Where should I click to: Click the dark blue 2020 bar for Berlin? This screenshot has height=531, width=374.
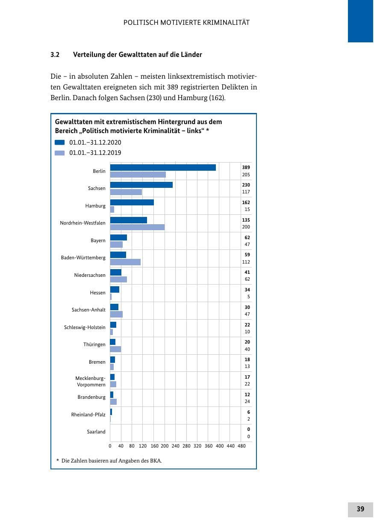pyautogui.click(x=163, y=168)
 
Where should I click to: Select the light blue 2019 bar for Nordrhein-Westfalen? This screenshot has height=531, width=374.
pyautogui.click(x=137, y=227)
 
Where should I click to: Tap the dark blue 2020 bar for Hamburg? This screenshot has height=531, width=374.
pyautogui.click(x=132, y=202)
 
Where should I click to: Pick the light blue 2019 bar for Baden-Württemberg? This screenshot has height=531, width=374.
pyautogui.click(x=125, y=262)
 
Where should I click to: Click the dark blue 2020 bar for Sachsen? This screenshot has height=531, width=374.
pyautogui.click(x=141, y=185)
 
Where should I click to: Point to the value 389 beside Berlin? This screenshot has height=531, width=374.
pyautogui.click(x=246, y=167)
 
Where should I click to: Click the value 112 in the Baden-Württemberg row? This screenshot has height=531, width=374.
pyautogui.click(x=246, y=262)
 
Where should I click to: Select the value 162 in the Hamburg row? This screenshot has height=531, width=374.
pyautogui.click(x=246, y=202)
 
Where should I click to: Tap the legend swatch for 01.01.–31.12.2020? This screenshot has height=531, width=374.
pyautogui.click(x=59, y=142)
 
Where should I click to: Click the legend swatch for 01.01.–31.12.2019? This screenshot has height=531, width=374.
pyautogui.click(x=59, y=153)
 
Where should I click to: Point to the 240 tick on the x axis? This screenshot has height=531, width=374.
pyautogui.click(x=176, y=446)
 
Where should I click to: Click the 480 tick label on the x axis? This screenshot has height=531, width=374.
pyautogui.click(x=241, y=446)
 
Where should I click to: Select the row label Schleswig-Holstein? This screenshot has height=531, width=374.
pyautogui.click(x=85, y=327)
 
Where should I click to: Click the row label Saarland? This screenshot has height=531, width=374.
pyautogui.click(x=96, y=432)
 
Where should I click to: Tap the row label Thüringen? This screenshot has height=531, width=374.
pyautogui.click(x=94, y=344)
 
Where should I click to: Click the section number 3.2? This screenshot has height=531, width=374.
pyautogui.click(x=55, y=55)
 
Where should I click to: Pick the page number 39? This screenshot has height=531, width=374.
pyautogui.click(x=360, y=509)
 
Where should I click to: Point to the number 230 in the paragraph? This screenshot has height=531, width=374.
pyautogui.click(x=154, y=98)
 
